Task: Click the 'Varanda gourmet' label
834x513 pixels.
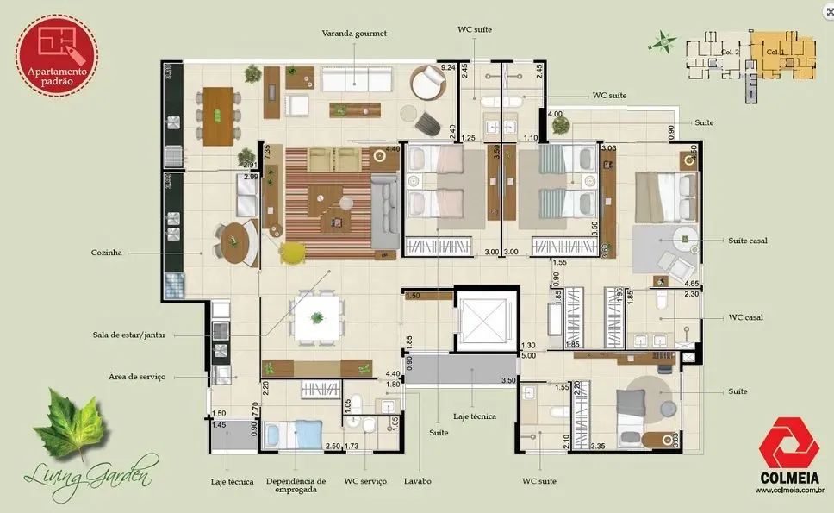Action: [354, 34]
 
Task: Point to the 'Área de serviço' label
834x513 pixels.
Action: [136, 377]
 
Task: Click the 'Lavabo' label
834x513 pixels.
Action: [418, 481]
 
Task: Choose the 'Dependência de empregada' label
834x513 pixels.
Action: [296, 485]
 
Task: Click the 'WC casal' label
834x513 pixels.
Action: [746, 317]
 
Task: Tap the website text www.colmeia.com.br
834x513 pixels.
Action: [790, 491]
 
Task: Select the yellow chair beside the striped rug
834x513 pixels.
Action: [294, 251]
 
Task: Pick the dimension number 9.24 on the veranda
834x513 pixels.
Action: [447, 66]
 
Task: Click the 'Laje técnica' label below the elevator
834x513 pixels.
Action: [474, 416]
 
